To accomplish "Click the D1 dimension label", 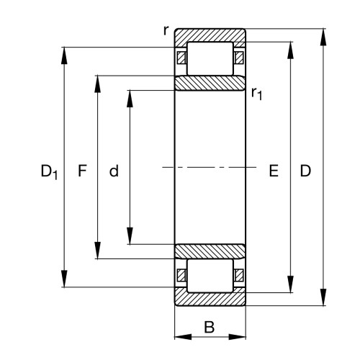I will (x=49, y=172).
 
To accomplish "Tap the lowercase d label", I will (x=114, y=171).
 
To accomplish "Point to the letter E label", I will (x=273, y=171).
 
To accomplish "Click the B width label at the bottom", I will (x=210, y=328).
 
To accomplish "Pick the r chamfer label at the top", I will (x=166, y=30).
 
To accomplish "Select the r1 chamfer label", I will (x=256, y=91).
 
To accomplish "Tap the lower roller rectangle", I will (x=210, y=277).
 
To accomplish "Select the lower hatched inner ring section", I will (x=210, y=251).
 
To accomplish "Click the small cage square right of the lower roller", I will (x=239, y=276).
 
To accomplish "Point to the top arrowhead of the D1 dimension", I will (x=65, y=55).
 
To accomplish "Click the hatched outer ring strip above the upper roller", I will (x=210, y=35).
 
